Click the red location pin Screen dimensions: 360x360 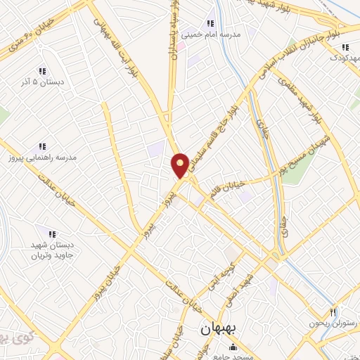click(x=180, y=165)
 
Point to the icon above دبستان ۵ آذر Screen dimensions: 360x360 click(x=42, y=70)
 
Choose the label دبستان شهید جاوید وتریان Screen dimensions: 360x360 click(x=51, y=250)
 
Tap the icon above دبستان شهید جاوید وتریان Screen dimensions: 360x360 click(x=51, y=233)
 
